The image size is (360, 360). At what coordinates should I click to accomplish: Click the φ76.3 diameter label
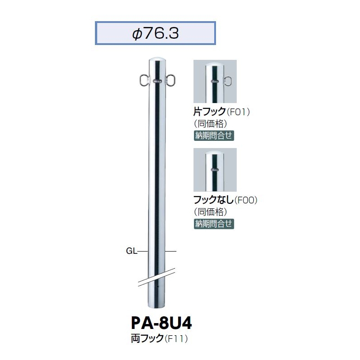click(x=155, y=34)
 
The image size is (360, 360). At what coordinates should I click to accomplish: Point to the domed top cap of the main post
click(x=157, y=60)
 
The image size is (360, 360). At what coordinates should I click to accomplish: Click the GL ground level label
click(x=131, y=251)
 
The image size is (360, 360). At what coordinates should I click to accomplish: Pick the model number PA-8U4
click(x=162, y=323)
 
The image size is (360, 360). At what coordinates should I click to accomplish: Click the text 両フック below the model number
click(x=147, y=339)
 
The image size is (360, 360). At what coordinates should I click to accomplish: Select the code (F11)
click(x=176, y=339)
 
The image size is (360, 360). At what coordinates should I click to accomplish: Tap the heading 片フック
click(x=209, y=112)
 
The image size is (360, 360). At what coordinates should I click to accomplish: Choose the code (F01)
click(x=238, y=112)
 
